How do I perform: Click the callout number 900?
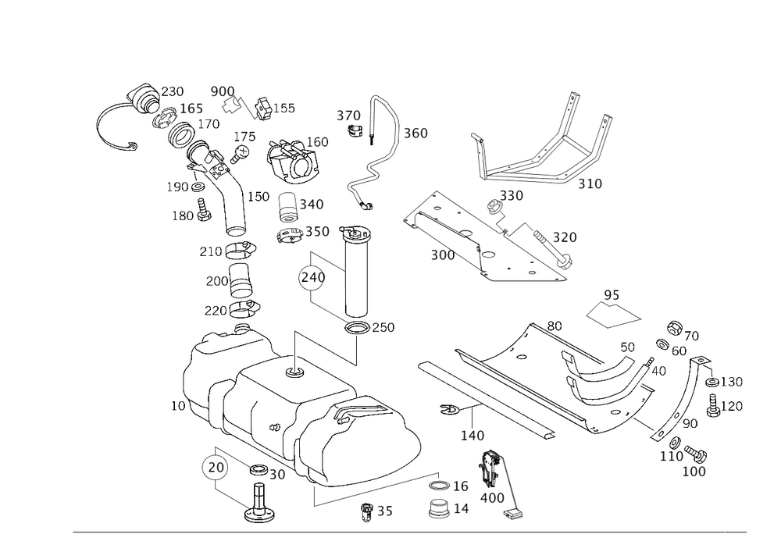coord(223,92)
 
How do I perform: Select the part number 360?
coord(415,134)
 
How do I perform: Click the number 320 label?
coord(564,237)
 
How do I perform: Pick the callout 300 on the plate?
coord(443,255)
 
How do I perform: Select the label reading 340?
coord(312,204)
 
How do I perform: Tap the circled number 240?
coord(312,277)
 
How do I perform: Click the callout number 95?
coord(612,294)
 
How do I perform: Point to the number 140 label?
coord(473,436)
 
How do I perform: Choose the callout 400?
coord(493,497)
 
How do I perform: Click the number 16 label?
coord(461,486)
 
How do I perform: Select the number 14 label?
coord(461,509)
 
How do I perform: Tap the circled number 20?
coord(213,467)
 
